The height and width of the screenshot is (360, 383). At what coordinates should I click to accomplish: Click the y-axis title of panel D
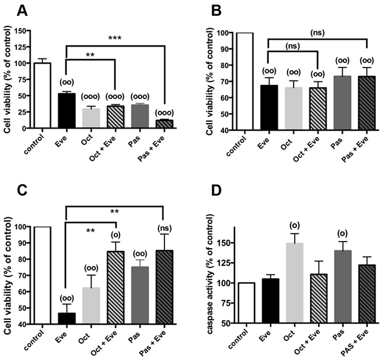(x=208, y=283)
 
